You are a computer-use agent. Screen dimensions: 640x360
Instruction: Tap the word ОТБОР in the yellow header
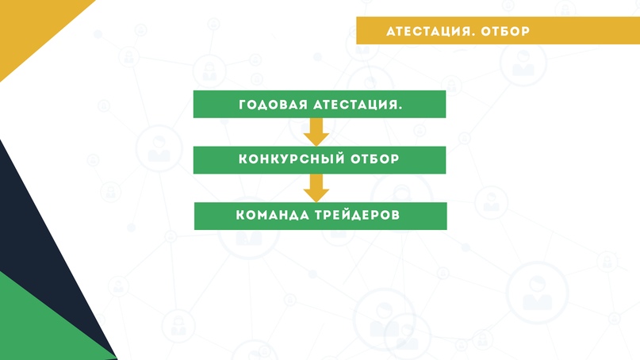coord(505,32)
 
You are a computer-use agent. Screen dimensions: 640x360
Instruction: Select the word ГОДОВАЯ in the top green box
coord(273,105)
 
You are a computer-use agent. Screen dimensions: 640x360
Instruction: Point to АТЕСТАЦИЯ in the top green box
coord(354,105)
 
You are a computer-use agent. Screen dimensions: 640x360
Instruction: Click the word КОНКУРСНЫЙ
coord(286,159)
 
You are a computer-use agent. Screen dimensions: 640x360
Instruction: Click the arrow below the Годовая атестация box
coord(316,132)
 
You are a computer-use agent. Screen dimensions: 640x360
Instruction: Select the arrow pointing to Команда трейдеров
coord(316,188)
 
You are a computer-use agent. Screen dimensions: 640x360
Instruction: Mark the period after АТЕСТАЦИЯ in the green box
coord(400,109)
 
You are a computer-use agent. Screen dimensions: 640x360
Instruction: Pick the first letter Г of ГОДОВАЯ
coord(243,105)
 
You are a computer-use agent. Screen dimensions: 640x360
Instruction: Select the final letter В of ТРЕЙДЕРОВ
coord(396,215)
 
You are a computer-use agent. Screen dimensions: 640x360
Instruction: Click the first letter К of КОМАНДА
coord(241,215)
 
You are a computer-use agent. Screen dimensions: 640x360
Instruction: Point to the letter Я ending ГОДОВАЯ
coord(302,105)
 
